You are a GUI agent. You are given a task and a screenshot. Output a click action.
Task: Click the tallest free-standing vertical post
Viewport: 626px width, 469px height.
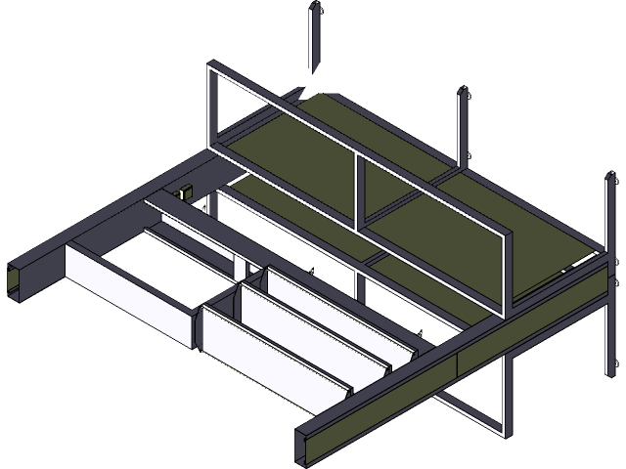314,39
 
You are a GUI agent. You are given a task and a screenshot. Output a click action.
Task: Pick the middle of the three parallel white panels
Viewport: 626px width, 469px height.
313,337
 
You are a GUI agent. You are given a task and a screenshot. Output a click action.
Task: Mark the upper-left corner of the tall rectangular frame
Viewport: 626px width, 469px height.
211,69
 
